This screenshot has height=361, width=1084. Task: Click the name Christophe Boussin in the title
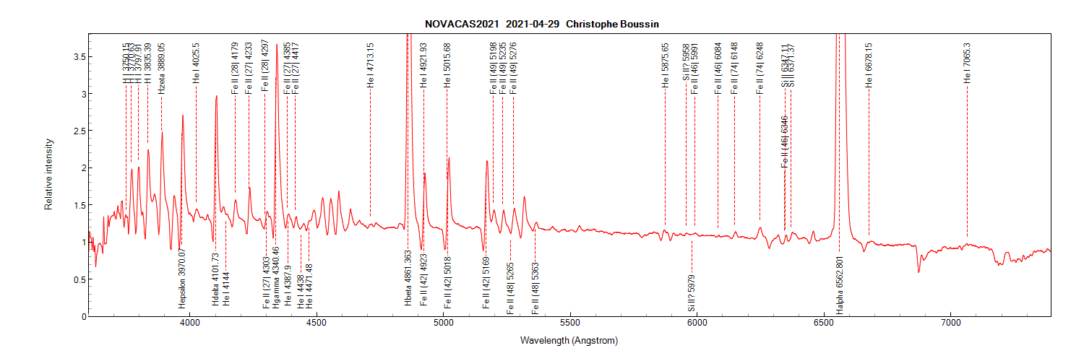(x=613, y=24)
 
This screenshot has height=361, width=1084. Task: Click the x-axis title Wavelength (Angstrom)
(x=569, y=340)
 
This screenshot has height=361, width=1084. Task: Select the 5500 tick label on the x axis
(x=570, y=324)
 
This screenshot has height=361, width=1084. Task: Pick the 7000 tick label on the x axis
(x=950, y=324)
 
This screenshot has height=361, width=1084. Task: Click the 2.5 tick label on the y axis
(x=74, y=131)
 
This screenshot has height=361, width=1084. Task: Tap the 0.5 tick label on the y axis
(x=74, y=279)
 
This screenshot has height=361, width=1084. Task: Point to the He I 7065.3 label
(x=967, y=64)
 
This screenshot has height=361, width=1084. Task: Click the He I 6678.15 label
(x=869, y=65)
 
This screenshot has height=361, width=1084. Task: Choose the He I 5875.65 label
(x=666, y=65)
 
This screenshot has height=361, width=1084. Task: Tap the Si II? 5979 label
(x=692, y=293)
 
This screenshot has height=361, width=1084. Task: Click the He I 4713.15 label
(x=371, y=65)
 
